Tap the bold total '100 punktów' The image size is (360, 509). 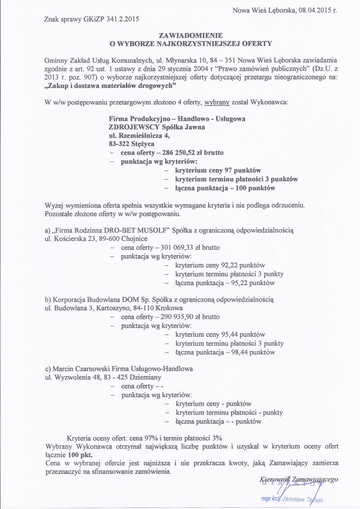pyautogui.click(x=258, y=187)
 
